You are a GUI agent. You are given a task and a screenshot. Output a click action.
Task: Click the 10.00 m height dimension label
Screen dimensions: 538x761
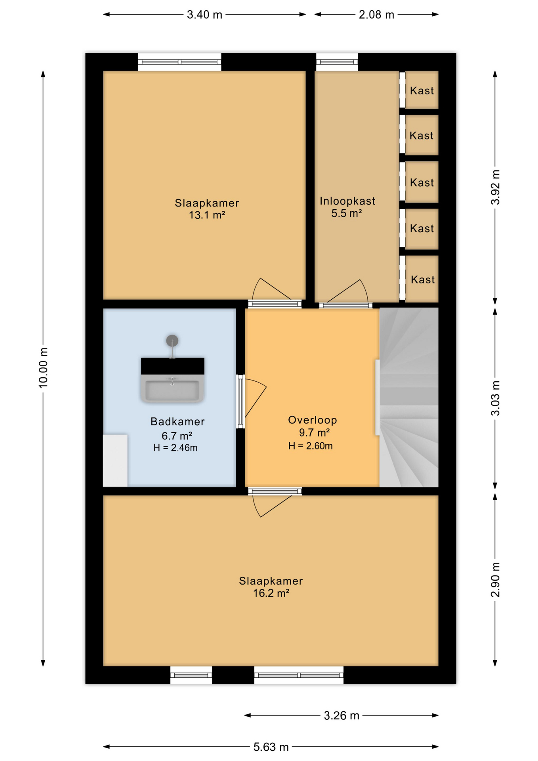pyautogui.click(x=43, y=367)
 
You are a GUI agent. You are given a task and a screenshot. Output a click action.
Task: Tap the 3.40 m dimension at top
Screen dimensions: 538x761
pyautogui.click(x=204, y=15)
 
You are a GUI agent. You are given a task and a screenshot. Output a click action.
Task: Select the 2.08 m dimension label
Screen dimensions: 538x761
pyautogui.click(x=376, y=15)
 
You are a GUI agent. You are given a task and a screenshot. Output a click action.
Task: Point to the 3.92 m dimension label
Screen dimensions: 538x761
pyautogui.click(x=495, y=187)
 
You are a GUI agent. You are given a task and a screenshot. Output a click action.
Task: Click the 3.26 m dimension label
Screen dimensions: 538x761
pyautogui.click(x=341, y=715)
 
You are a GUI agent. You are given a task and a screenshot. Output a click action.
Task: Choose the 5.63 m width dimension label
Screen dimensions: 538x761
pyautogui.click(x=271, y=747)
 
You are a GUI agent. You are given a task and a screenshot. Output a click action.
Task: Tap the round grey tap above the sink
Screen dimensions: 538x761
pyautogui.click(x=172, y=340)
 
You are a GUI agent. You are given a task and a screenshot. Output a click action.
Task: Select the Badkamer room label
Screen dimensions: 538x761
pyautogui.click(x=177, y=421)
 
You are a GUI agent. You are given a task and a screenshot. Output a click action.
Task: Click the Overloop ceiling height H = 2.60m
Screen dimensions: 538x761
pyautogui.click(x=310, y=446)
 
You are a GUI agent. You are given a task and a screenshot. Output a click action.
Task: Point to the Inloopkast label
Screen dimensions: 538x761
pyautogui.click(x=347, y=201)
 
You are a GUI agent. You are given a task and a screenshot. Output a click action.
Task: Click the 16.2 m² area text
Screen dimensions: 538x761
pyautogui.click(x=271, y=593)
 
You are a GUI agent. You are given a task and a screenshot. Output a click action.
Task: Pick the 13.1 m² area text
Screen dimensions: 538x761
pyautogui.click(x=207, y=215)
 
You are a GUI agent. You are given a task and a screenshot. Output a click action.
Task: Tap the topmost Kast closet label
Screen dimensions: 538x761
pyautogui.click(x=422, y=91)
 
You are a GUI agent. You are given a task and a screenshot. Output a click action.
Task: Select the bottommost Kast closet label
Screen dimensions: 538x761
pyautogui.click(x=423, y=279)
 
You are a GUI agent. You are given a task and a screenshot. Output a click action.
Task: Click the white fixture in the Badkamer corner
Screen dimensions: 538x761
pyautogui.click(x=115, y=461)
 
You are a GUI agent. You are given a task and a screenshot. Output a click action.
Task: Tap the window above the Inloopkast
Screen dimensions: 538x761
pyautogui.click(x=337, y=62)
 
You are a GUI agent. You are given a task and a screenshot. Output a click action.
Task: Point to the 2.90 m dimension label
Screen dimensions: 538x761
pyautogui.click(x=495, y=579)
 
